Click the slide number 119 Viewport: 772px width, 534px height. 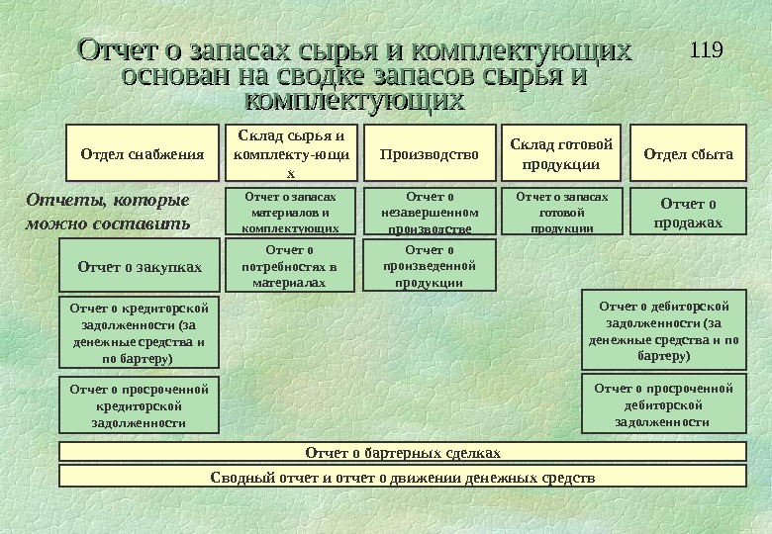[x=705, y=48]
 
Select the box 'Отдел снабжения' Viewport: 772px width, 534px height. [x=142, y=153]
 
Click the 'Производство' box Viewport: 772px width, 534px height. [x=430, y=153]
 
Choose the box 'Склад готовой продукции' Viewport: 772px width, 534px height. [x=561, y=153]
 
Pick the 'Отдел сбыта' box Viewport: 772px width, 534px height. [x=688, y=153]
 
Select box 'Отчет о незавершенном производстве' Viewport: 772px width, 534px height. [x=430, y=212]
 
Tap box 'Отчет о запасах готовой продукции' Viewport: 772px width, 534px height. [x=561, y=212]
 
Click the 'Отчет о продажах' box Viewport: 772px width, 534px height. [x=688, y=212]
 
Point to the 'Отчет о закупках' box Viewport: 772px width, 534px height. [x=140, y=266]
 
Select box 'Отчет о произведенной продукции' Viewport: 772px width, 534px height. [x=430, y=266]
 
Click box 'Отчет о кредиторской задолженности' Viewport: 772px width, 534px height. [x=140, y=331]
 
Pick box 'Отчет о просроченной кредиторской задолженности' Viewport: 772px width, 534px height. [x=140, y=404]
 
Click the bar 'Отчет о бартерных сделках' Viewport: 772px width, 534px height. [x=403, y=452]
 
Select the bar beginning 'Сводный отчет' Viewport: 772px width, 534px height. [x=403, y=477]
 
